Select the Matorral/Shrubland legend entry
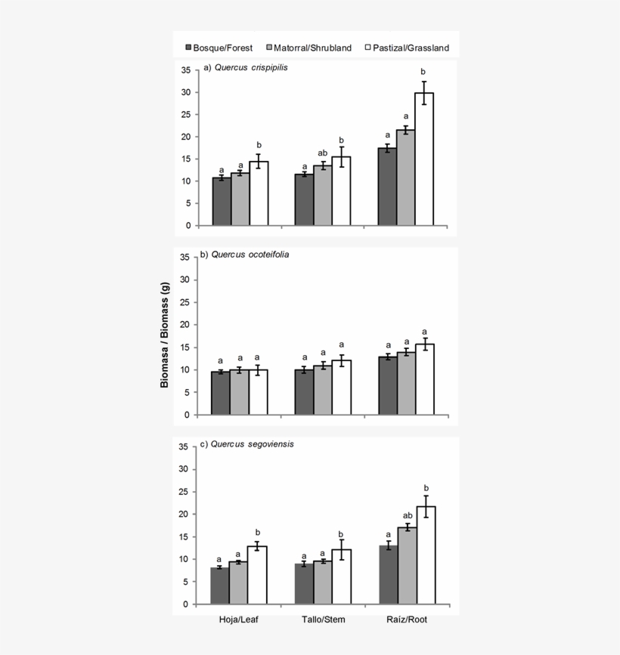(310, 48)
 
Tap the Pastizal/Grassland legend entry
(407, 48)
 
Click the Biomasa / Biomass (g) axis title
(165, 334)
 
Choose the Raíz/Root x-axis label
(406, 619)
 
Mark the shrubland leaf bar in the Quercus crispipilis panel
(240, 199)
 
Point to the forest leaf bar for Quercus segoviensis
(220, 585)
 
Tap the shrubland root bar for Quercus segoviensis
(408, 566)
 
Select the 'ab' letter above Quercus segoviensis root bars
(408, 516)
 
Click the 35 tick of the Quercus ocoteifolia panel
(183, 258)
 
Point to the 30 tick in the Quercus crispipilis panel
(183, 92)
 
